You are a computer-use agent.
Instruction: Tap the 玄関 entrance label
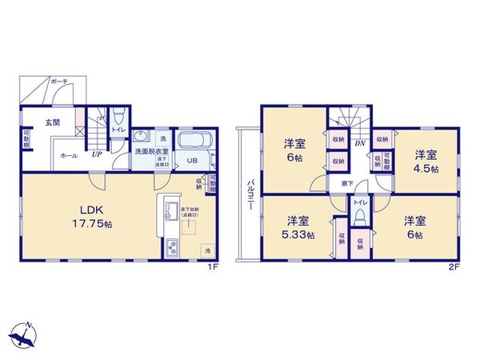(52, 122)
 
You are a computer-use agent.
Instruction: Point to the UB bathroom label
(192, 159)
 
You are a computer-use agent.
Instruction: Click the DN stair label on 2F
(360, 144)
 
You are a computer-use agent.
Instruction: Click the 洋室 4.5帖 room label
(426, 161)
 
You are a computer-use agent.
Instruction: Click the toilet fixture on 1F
(117, 115)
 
